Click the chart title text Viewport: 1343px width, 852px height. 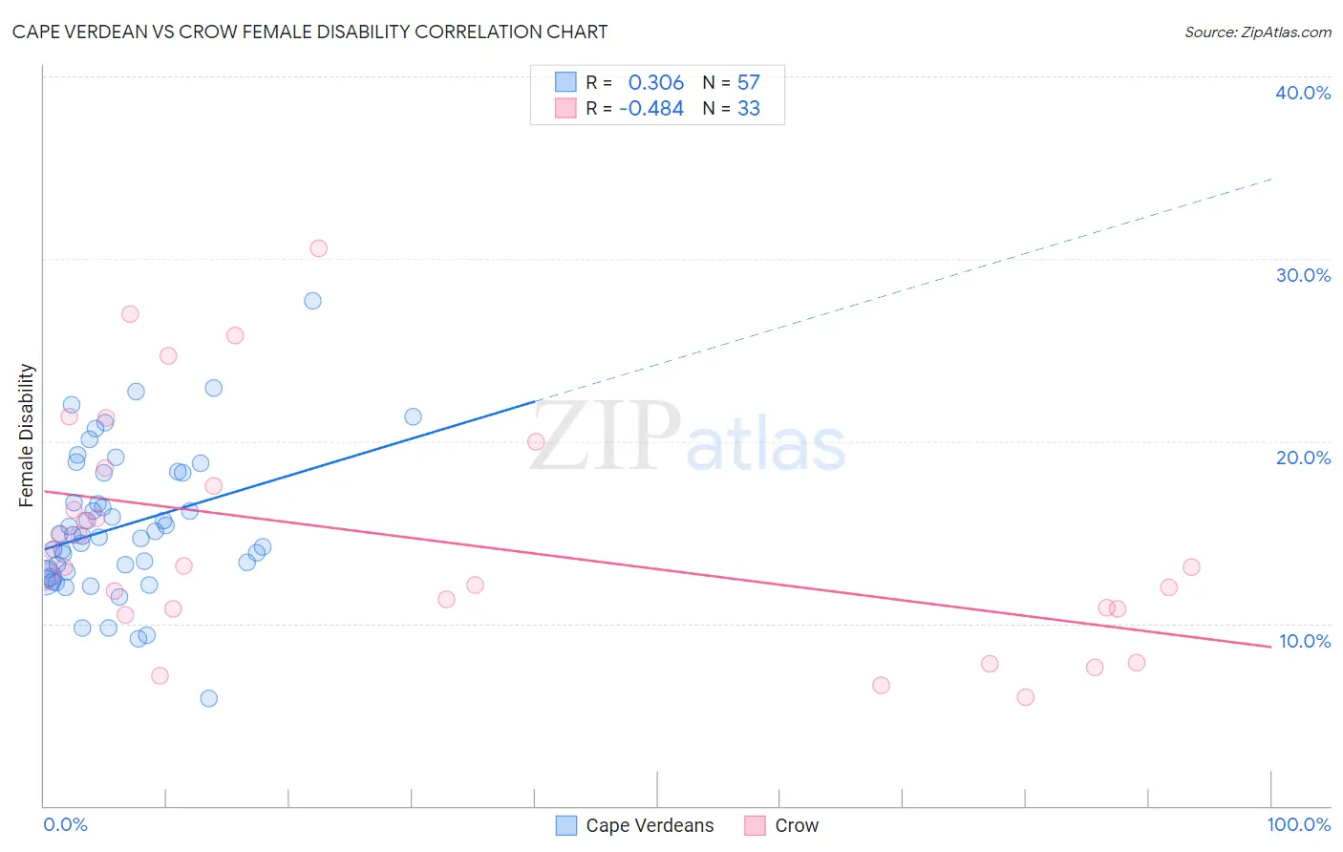309,32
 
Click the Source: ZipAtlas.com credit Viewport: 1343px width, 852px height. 1257,32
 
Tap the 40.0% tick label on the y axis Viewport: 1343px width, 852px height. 1303,93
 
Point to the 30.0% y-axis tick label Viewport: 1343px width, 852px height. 1303,275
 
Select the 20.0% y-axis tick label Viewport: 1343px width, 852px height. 1303,458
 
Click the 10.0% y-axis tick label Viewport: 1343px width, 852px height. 1304,641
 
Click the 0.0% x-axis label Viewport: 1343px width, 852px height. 65,824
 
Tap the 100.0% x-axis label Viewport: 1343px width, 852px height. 1298,824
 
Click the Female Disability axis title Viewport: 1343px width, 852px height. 27,435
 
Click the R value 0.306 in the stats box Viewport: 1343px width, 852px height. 655,83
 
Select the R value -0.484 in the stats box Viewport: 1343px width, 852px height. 651,109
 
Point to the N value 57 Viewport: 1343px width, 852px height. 748,83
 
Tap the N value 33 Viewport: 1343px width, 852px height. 748,109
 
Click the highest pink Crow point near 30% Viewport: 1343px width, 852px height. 319,248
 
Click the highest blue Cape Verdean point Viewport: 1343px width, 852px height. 312,301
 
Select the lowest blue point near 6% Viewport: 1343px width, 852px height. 209,698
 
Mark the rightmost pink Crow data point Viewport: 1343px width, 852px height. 1191,567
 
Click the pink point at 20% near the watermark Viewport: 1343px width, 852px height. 536,441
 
